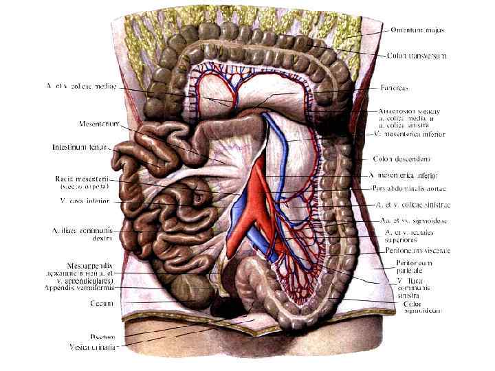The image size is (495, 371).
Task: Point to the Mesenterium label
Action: [x=100, y=124]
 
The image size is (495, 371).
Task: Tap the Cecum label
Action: [x=102, y=302]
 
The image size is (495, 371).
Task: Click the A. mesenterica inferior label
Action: [x=412, y=176]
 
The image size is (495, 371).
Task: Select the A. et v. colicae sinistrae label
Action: [x=413, y=205]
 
